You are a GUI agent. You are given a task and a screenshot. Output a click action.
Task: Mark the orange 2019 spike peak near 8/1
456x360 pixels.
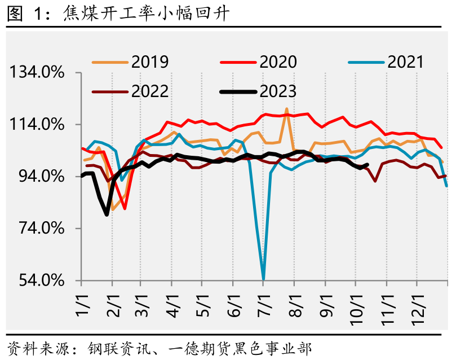(287, 109)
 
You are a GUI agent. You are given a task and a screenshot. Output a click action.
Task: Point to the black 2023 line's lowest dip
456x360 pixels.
(107, 214)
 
